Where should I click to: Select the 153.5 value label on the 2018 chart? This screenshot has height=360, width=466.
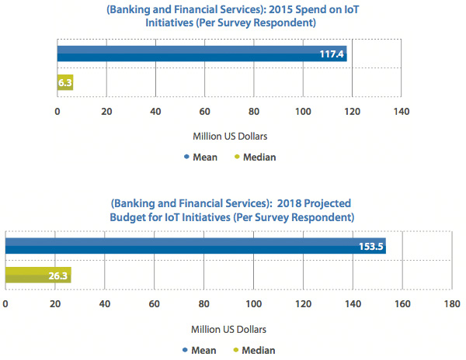(x=370, y=247)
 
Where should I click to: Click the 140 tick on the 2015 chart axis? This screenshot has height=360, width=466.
(x=401, y=111)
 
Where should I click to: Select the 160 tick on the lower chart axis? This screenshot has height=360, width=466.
(x=402, y=303)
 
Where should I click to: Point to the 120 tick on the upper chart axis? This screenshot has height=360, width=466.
(x=352, y=111)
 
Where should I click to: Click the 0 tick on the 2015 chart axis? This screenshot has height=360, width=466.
(x=57, y=111)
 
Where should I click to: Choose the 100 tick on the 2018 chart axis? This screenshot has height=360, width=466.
(x=253, y=303)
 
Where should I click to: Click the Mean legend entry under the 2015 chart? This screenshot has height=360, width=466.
(x=200, y=157)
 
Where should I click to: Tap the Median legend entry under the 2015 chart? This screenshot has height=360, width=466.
(x=255, y=157)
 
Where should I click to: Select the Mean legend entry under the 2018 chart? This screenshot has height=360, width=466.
(x=200, y=350)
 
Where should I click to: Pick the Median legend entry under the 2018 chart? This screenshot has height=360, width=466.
(x=255, y=350)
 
